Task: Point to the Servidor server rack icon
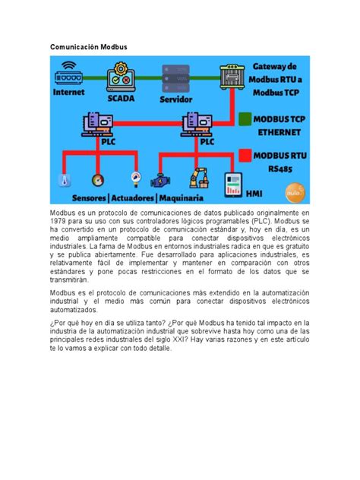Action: coord(175,78)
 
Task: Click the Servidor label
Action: coord(175,99)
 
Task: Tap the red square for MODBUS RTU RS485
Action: coord(245,156)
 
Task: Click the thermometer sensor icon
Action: coord(67,181)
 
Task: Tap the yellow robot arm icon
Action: coord(200,178)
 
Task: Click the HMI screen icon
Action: coord(232,182)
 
